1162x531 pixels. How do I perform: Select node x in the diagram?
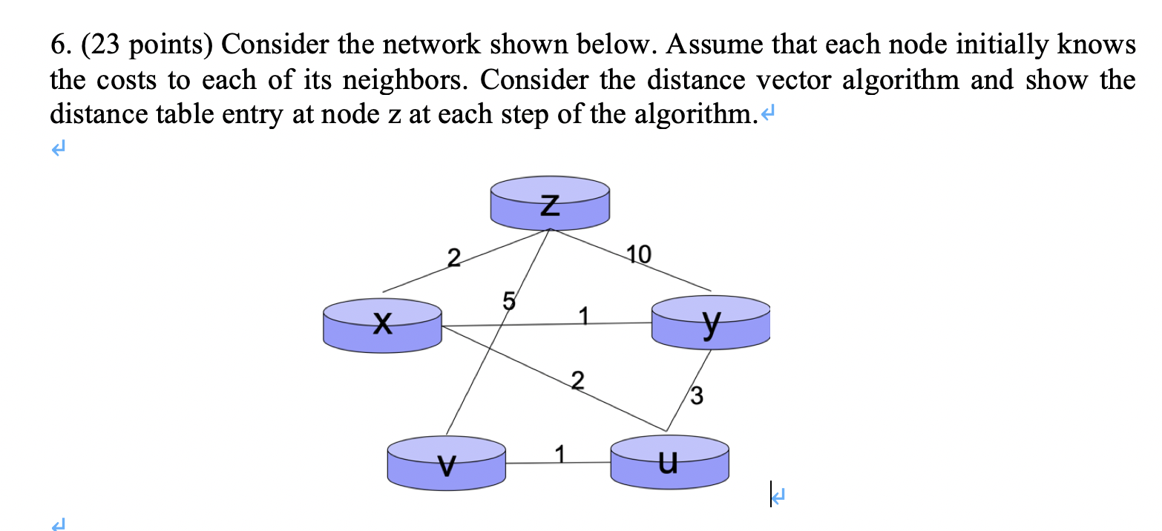[x=382, y=323]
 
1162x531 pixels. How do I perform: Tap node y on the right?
[x=710, y=323]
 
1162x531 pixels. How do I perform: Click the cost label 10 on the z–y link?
[x=639, y=256]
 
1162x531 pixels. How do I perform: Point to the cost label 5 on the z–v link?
[x=508, y=301]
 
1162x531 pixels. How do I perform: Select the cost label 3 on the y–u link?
[x=697, y=395]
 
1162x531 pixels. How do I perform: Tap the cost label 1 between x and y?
[x=583, y=315]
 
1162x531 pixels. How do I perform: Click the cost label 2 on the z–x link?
[x=454, y=258]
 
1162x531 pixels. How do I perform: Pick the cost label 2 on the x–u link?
[x=579, y=382]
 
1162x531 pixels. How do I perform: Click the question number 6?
[x=59, y=46]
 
